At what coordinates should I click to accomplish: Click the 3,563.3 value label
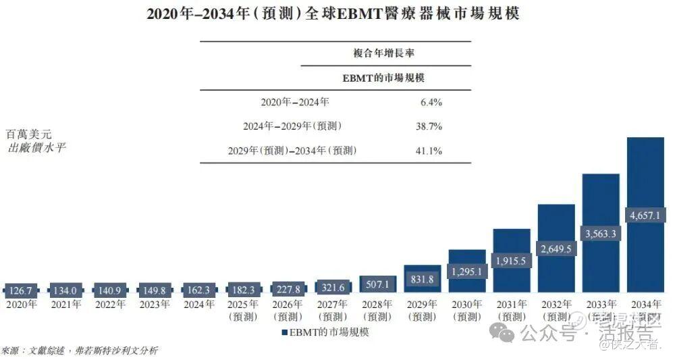coord(601,234)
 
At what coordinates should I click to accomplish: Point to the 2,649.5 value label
coord(556,249)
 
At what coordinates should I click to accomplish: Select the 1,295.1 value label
coord(466,271)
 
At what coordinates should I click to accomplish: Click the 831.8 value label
coord(422,279)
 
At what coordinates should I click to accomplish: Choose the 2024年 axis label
coord(199,305)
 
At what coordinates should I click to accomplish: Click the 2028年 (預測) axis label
coord(377,310)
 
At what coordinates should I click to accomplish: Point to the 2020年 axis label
coord(22,305)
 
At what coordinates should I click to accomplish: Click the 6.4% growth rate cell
coord(431,103)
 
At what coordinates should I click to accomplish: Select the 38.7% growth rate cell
coord(429,126)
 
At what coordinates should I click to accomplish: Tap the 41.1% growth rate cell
coord(429,151)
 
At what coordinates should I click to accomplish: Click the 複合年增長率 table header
coord(383,53)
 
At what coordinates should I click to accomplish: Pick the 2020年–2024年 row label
coord(295,103)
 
